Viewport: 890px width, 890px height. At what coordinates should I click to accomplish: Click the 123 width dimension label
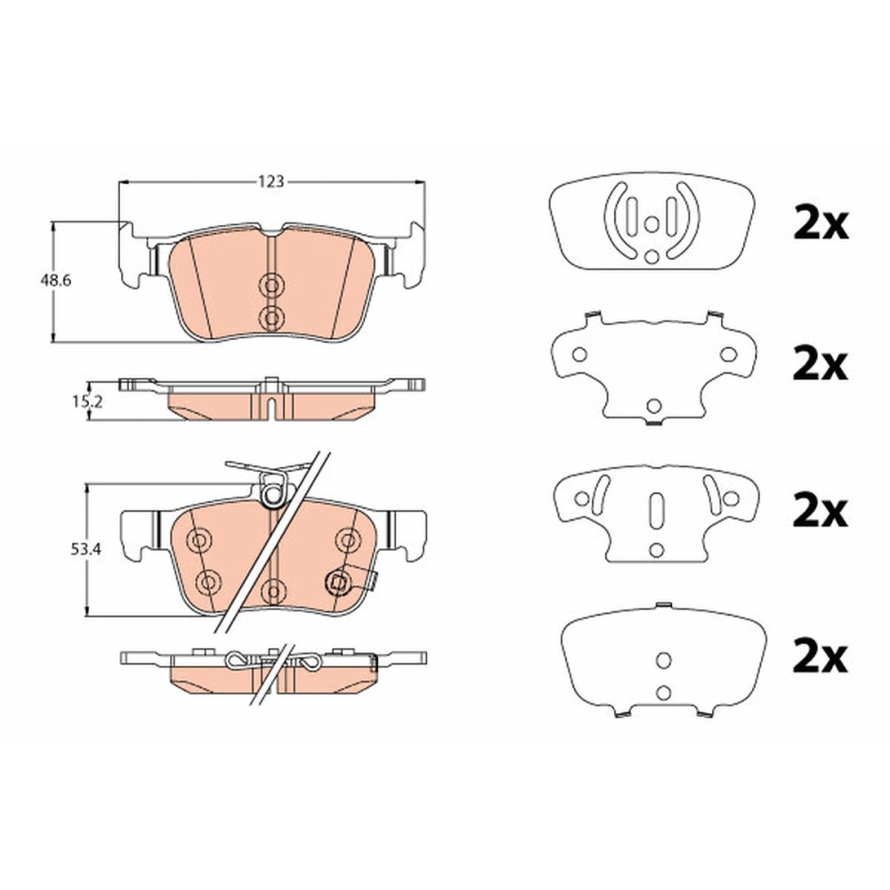[x=271, y=182]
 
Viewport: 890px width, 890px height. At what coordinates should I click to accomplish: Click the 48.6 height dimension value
[x=55, y=280]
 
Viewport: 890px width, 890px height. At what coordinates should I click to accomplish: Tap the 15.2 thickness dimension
[x=87, y=402]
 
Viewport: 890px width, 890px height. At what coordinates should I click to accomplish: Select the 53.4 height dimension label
[x=85, y=549]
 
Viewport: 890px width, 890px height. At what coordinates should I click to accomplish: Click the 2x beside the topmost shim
[x=821, y=225]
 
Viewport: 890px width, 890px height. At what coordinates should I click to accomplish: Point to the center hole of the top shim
[x=651, y=225]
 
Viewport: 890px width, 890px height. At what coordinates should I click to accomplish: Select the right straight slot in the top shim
[x=671, y=217]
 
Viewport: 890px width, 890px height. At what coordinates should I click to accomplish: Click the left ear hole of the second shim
[x=579, y=355]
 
